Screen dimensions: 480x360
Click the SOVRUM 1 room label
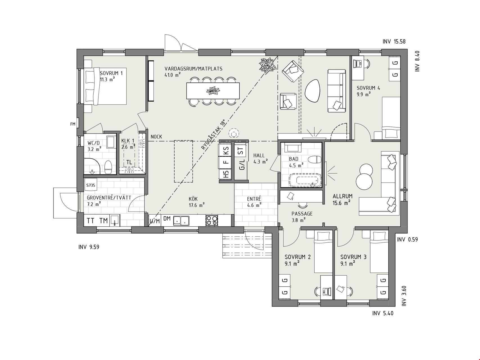[x=111, y=73]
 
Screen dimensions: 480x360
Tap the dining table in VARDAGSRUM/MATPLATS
[x=213, y=91]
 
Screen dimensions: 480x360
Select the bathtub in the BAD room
[x=305, y=180]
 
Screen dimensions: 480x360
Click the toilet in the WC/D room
[x=108, y=167]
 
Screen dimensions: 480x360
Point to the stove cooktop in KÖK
[x=212, y=220]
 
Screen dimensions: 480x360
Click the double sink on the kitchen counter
[x=181, y=220]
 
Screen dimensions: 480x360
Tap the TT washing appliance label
[x=91, y=221]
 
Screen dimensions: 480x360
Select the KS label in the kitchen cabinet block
[x=226, y=151]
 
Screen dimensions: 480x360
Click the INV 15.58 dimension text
[x=394, y=42]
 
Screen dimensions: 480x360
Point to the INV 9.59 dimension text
[x=89, y=247]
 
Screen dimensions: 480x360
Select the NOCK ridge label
[x=156, y=137]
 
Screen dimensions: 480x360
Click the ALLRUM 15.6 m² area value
[x=342, y=202]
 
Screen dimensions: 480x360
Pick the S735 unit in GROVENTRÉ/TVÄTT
[x=91, y=185]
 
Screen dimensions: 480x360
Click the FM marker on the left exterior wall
[x=73, y=124]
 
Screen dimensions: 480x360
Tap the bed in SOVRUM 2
[x=323, y=252]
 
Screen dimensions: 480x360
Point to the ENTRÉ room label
[x=254, y=199]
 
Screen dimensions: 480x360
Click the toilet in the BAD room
[x=315, y=160]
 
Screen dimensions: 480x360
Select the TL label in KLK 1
[x=129, y=162]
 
